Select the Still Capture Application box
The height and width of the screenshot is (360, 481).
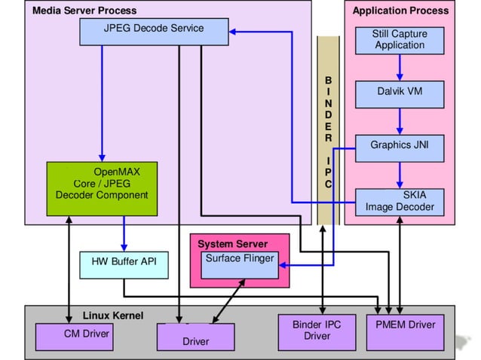click(400, 39)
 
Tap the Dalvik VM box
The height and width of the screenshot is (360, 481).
click(400, 92)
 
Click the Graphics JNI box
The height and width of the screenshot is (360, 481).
click(400, 145)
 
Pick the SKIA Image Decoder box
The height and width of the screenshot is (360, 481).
click(400, 200)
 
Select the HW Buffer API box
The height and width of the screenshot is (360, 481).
click(124, 264)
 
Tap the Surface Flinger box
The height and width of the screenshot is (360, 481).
click(239, 264)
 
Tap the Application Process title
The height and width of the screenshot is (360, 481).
click(400, 11)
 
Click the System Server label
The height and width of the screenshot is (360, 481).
click(232, 244)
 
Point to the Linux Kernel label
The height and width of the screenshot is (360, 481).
click(113, 315)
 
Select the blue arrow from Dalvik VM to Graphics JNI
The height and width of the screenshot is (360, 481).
click(400, 121)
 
